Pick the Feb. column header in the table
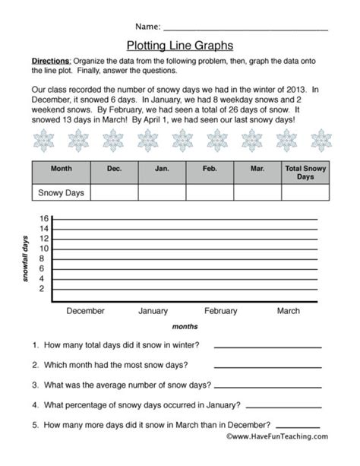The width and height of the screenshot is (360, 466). point(210,170)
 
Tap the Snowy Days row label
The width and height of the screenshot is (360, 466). point(61,193)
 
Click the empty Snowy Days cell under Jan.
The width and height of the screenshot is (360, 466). point(162,193)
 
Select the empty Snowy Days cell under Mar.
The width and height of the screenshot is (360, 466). point(258,193)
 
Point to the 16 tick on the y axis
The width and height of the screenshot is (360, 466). point(43,219)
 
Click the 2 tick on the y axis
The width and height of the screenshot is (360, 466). point(45,288)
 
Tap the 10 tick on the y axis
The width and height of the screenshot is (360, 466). point(43,249)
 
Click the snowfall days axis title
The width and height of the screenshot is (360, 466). point(28,259)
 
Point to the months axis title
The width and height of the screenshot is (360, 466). point(185,326)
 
